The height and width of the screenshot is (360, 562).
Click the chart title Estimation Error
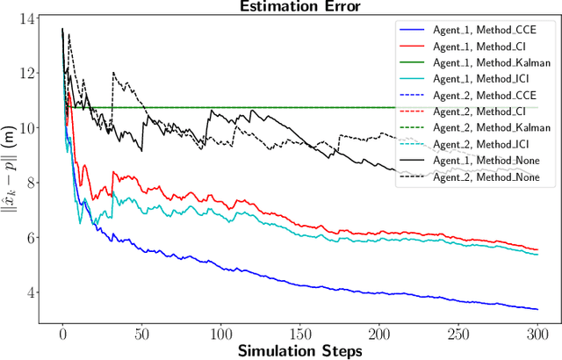pyautogui.click(x=299, y=7)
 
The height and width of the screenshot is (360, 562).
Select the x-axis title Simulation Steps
pyautogui.click(x=299, y=349)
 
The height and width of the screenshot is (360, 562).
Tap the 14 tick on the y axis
pyautogui.click(x=29, y=18)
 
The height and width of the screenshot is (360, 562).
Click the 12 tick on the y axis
pyautogui.click(x=29, y=73)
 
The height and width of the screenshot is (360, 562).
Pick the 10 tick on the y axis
pyautogui.click(x=29, y=128)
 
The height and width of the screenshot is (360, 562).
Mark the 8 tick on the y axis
pyautogui.click(x=32, y=183)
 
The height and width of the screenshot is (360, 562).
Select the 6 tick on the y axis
pyautogui.click(x=32, y=237)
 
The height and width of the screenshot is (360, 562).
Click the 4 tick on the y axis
pyautogui.click(x=32, y=292)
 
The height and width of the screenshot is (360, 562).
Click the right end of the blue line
pyautogui.click(x=537, y=309)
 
